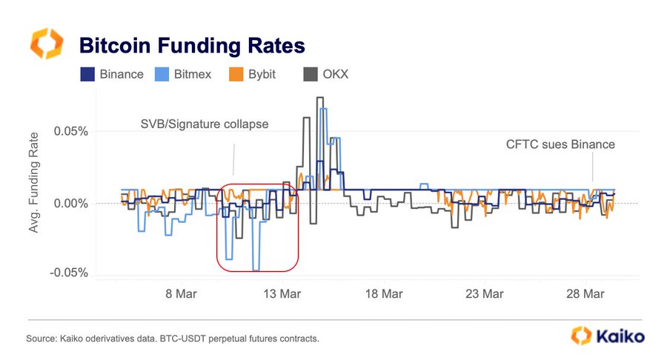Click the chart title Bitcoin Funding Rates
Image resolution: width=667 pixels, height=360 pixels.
tap(192, 45)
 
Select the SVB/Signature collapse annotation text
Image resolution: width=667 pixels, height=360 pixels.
tap(205, 124)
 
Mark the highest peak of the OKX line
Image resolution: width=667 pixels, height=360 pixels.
tap(319, 98)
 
